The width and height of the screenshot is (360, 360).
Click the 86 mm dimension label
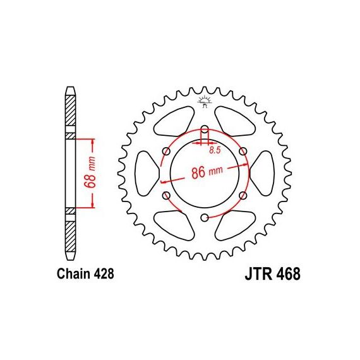[x=207, y=172]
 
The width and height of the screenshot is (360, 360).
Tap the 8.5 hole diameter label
[x=215, y=150]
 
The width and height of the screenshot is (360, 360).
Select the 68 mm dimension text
[x=90, y=172]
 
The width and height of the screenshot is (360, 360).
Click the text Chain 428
[x=85, y=274]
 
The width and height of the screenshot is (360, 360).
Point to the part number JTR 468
[x=272, y=273]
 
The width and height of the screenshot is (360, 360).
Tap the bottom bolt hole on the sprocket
[x=205, y=217]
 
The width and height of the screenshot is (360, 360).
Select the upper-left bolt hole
[x=167, y=152]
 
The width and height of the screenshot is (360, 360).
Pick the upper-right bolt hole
[x=243, y=152]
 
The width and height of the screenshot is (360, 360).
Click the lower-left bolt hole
[x=167, y=196]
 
